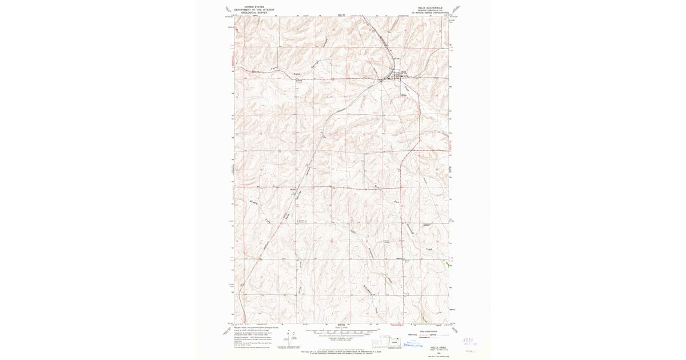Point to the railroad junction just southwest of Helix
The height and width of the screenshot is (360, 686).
click(381, 81)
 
